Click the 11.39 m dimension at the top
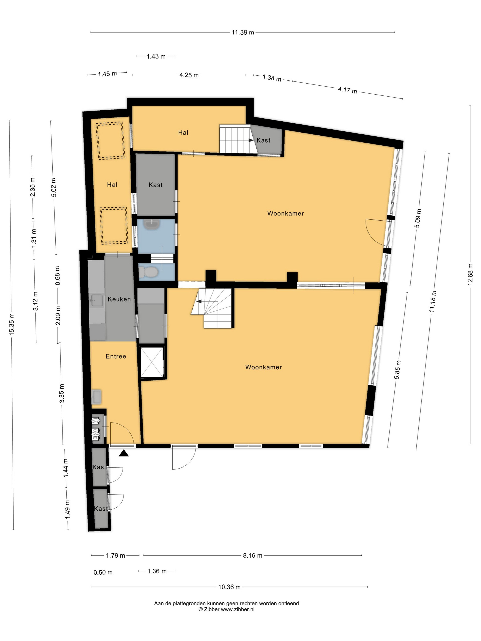pos(242,33)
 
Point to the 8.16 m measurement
pos(252,556)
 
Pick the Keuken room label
pos(119,299)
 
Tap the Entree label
pos(116,356)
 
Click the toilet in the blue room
pos(148,272)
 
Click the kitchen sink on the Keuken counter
pos(97,300)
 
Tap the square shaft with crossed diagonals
pos(151,362)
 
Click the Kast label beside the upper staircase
pos(263,140)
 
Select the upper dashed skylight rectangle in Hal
pos(111,141)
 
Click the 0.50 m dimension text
pos(103,572)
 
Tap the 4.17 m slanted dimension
pos(347,90)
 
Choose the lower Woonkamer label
pos(263,367)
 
